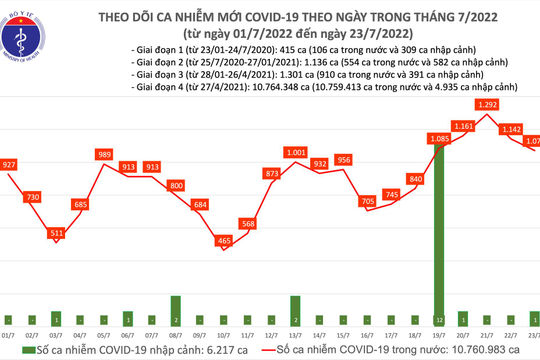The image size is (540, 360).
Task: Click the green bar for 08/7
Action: [x=176, y=308]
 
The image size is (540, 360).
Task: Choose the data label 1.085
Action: [x=438, y=139]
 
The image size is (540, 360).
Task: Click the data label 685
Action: [x=82, y=205]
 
